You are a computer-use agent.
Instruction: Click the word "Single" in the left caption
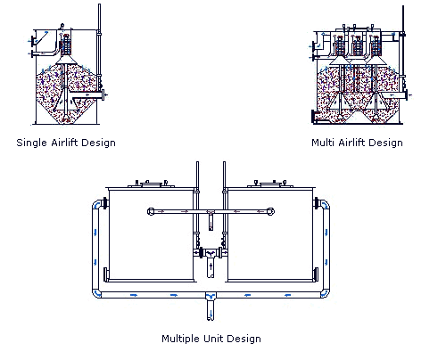coord(31,143)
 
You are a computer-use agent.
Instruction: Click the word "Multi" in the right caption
coord(323,143)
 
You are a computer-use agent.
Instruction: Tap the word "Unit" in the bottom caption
coord(213,339)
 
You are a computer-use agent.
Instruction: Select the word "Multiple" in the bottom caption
coord(181,339)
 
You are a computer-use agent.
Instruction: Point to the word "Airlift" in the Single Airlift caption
coord(64,143)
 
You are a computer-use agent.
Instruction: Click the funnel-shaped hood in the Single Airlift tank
coord(67,61)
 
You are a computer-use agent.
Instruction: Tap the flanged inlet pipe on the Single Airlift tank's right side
coord(87,95)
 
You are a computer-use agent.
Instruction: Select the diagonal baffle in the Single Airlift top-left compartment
coord(42,38)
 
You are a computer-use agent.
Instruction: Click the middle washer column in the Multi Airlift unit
coord(357,45)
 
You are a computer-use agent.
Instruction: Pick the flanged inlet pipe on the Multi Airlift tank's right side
coord(394,95)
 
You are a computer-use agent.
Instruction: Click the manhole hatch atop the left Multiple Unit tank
coord(152,184)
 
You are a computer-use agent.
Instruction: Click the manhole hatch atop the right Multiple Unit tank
coord(270,184)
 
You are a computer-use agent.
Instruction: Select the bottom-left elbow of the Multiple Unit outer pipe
coord(97,293)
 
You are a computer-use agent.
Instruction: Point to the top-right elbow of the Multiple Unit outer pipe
coord(325,205)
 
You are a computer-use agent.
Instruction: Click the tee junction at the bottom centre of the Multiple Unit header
coord(211,296)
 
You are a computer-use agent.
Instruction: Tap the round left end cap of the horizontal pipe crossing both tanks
coord(151,211)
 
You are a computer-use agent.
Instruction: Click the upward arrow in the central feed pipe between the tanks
coord(211,266)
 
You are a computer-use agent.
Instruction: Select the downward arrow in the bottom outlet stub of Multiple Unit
coord(211,313)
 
